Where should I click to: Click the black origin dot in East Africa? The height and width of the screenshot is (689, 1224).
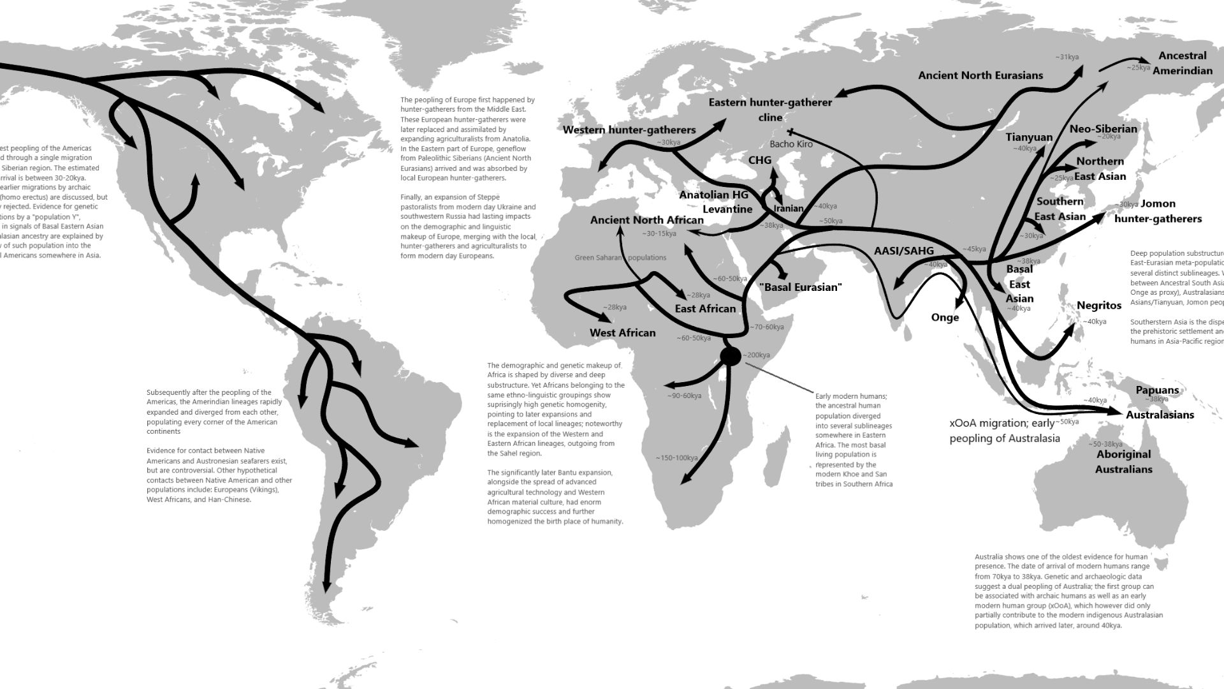731,356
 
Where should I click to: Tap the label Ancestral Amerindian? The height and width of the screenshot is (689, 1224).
1182,63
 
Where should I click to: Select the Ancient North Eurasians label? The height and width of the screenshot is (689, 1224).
980,75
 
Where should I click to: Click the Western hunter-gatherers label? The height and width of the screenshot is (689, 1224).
629,130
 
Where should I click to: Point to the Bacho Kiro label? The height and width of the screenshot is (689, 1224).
791,144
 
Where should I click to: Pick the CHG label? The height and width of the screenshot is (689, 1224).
759,160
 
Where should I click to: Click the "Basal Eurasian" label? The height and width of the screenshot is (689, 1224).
801,287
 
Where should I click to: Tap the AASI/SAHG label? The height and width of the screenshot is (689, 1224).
903,251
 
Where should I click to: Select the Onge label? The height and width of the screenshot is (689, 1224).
945,318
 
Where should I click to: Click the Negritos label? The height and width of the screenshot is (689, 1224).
1099,306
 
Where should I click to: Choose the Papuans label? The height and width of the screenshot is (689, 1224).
1157,390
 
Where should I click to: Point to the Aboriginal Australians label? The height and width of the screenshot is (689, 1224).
1123,462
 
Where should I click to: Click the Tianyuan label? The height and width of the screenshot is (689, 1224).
1029,137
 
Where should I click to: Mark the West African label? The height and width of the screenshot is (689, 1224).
622,332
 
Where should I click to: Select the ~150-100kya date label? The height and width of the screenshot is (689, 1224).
676,457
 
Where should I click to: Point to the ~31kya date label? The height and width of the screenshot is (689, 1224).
1067,57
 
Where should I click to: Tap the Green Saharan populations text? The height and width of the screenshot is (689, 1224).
620,258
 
